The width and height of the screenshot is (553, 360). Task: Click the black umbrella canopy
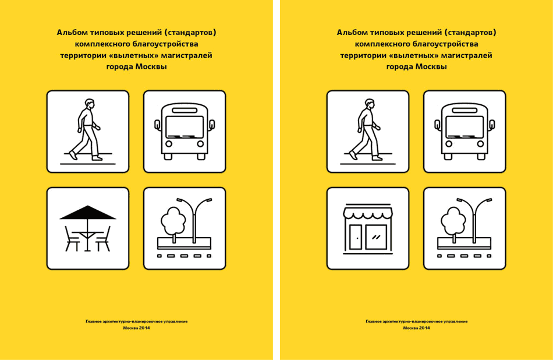tap(88, 213)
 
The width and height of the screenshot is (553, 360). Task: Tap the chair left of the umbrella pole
tap(72, 239)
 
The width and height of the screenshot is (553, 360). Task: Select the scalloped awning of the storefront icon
tap(368, 213)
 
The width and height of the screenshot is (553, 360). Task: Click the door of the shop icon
tap(356, 237)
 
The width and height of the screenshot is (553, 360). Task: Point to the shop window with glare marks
tap(376, 237)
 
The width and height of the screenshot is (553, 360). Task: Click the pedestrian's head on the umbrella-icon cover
tap(90, 104)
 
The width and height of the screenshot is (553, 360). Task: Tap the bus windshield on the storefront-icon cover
tap(465, 127)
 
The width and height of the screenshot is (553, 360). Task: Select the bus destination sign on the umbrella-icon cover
tap(185, 111)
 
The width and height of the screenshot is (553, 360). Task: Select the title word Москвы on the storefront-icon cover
tap(431, 66)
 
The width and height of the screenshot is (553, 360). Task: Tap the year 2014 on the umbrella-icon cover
tap(144, 328)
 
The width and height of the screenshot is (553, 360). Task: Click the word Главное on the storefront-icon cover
tap(373, 322)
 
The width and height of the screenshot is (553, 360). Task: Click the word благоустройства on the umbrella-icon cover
tap(165, 44)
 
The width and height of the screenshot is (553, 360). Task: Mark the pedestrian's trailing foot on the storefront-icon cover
tap(353, 156)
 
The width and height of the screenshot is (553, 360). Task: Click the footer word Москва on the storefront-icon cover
tap(410, 328)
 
